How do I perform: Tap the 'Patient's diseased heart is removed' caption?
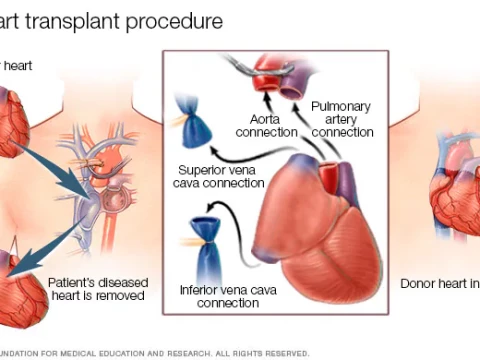tap(97, 289)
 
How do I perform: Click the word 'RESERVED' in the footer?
tap(283, 352)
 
